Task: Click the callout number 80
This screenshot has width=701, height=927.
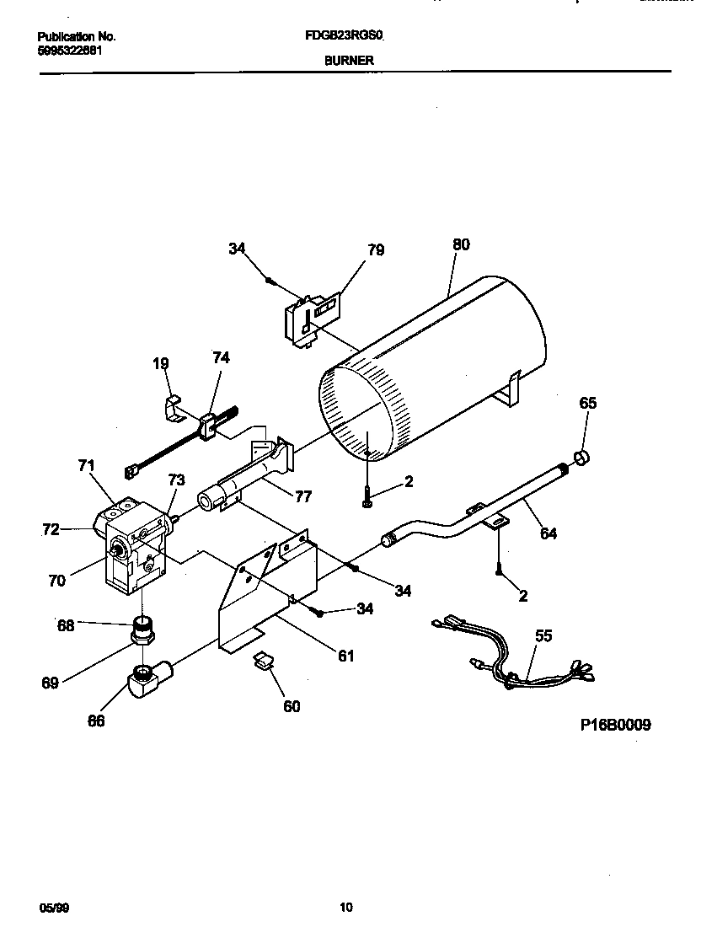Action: tap(461, 245)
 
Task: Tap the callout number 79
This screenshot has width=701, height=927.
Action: tap(376, 250)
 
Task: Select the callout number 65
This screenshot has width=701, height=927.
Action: tap(587, 403)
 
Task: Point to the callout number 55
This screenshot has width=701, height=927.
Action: tap(543, 635)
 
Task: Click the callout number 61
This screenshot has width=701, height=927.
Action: tap(346, 656)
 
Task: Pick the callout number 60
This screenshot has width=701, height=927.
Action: tap(291, 706)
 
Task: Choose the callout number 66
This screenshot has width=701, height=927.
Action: tap(97, 721)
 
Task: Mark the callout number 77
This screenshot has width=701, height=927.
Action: tap(303, 496)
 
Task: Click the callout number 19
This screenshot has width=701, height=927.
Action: tap(161, 364)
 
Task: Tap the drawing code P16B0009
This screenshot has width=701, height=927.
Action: tap(615, 725)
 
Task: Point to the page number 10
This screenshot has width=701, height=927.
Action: tap(346, 908)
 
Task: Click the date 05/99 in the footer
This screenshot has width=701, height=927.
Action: tap(51, 908)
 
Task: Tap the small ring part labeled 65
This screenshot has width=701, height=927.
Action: tap(581, 458)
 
